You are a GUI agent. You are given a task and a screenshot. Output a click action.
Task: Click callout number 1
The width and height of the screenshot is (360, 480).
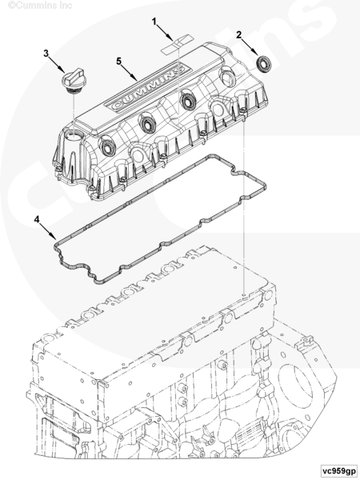point(154,22)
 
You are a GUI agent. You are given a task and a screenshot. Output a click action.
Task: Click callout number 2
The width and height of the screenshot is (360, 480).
point(238,35)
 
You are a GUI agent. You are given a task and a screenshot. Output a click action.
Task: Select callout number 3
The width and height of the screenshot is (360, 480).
point(46,54)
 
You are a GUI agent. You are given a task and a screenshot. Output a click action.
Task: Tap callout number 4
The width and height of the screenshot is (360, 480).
point(37,219)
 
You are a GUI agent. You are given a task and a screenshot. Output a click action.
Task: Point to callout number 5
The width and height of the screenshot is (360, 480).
point(118,62)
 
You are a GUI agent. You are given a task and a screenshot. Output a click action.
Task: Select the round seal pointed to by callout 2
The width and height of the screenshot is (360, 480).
point(262,64)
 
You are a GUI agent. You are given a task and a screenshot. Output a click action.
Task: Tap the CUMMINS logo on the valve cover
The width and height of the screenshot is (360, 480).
point(145,88)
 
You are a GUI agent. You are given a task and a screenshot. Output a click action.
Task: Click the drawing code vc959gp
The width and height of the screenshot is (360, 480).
point(338,470)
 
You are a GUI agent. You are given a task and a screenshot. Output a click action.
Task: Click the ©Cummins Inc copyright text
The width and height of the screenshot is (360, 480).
point(41,6)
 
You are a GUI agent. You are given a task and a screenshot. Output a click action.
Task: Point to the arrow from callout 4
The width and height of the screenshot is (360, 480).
point(48,231)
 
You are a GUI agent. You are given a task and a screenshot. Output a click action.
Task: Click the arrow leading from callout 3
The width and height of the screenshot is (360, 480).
point(57,65)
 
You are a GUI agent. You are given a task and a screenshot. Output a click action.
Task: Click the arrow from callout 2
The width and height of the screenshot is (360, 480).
point(250,46)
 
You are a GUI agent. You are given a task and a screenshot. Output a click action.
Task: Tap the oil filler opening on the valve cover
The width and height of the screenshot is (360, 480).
point(74,135)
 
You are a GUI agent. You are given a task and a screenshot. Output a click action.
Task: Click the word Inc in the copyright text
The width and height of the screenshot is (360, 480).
point(66,6)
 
